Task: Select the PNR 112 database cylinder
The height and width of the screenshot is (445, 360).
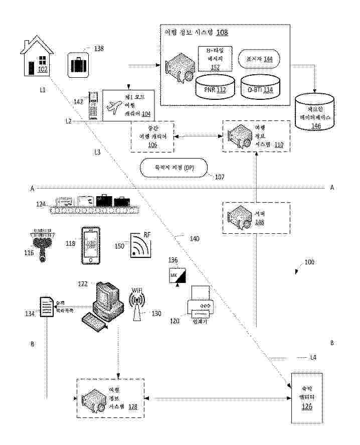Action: [214, 86]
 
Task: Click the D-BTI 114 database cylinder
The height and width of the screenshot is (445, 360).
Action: [259, 86]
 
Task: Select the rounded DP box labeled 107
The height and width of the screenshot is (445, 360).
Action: [174, 168]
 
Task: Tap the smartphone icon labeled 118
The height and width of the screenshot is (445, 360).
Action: [91, 245]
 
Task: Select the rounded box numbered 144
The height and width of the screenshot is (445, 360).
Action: [259, 59]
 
